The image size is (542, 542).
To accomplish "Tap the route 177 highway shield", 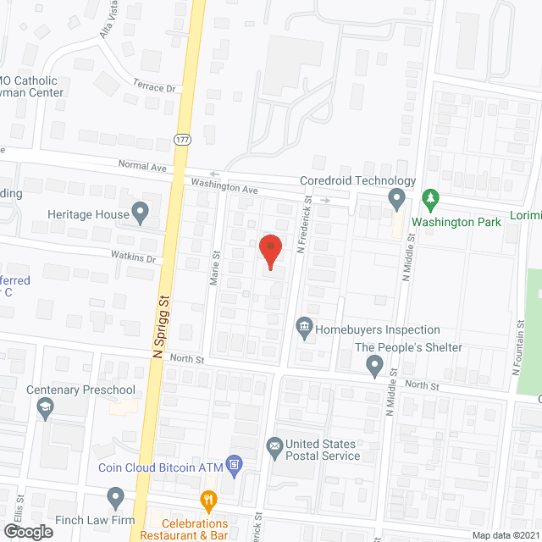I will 181,138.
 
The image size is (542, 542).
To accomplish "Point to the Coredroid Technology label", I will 358,180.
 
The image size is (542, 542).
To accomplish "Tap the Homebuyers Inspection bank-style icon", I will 302,326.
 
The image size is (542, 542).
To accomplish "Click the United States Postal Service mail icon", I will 274,445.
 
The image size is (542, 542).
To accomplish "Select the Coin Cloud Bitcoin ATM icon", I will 235,464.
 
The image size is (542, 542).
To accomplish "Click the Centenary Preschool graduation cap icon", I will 44,408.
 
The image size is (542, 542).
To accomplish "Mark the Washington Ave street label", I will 224,186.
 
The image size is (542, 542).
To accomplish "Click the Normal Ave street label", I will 142,168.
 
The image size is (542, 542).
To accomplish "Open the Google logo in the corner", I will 27,531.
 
